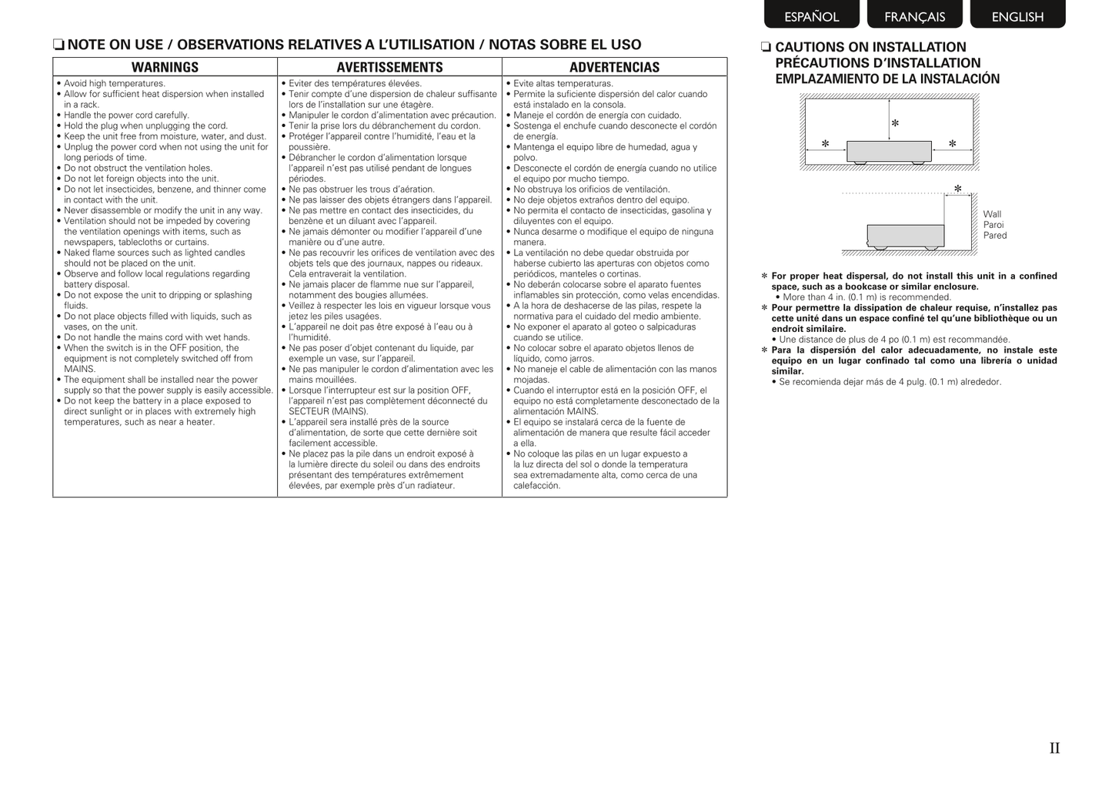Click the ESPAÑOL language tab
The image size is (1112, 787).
pyautogui.click(x=811, y=16)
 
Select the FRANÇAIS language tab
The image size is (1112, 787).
pyautogui.click(x=914, y=16)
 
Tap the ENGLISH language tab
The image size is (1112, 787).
pyautogui.click(x=1017, y=16)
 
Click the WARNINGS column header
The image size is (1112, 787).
pyautogui.click(x=165, y=68)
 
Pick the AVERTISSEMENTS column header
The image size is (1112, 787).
pyautogui.click(x=389, y=68)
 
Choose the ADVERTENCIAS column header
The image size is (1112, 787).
pyautogui.click(x=614, y=68)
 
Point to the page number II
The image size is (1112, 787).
pyautogui.click(x=1054, y=748)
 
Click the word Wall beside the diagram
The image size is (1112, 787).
pyautogui.click(x=992, y=215)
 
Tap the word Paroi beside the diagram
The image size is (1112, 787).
pyautogui.click(x=993, y=225)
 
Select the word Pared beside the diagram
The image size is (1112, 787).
pyautogui.click(x=994, y=236)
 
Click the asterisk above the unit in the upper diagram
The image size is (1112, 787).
pyautogui.click(x=895, y=123)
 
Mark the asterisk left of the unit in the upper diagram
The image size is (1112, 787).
pyautogui.click(x=825, y=144)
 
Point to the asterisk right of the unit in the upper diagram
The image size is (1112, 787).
pyautogui.click(x=952, y=144)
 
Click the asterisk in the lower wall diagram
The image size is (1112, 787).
pyautogui.click(x=957, y=189)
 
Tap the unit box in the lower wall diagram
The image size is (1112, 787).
pyautogui.click(x=905, y=235)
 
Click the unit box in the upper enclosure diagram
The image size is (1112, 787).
pyautogui.click(x=889, y=151)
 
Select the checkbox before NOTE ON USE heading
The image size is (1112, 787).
pyautogui.click(x=58, y=45)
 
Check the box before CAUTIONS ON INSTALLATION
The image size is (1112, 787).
pyautogui.click(x=766, y=48)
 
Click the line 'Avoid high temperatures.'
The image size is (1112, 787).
pyautogui.click(x=114, y=84)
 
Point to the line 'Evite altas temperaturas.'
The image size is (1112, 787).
pyautogui.click(x=563, y=84)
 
